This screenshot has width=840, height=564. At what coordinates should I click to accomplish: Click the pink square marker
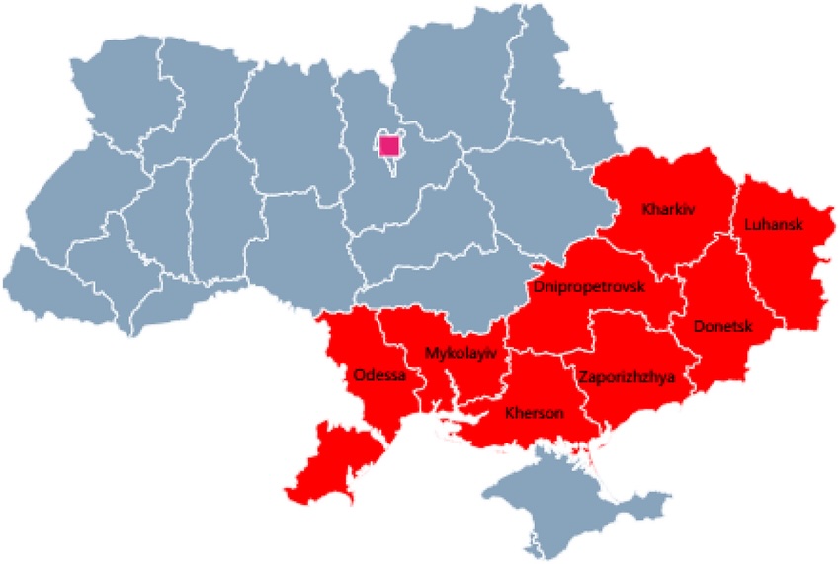click(389, 146)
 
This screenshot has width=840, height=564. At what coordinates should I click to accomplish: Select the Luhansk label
click(774, 225)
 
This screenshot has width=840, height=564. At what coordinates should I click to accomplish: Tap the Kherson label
click(535, 413)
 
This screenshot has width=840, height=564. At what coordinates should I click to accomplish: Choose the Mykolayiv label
click(461, 353)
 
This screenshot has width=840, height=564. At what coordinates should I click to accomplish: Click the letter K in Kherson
click(509, 413)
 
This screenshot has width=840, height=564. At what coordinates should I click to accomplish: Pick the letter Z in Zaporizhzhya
click(583, 376)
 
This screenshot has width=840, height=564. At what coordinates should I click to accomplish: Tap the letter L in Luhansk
click(748, 225)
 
